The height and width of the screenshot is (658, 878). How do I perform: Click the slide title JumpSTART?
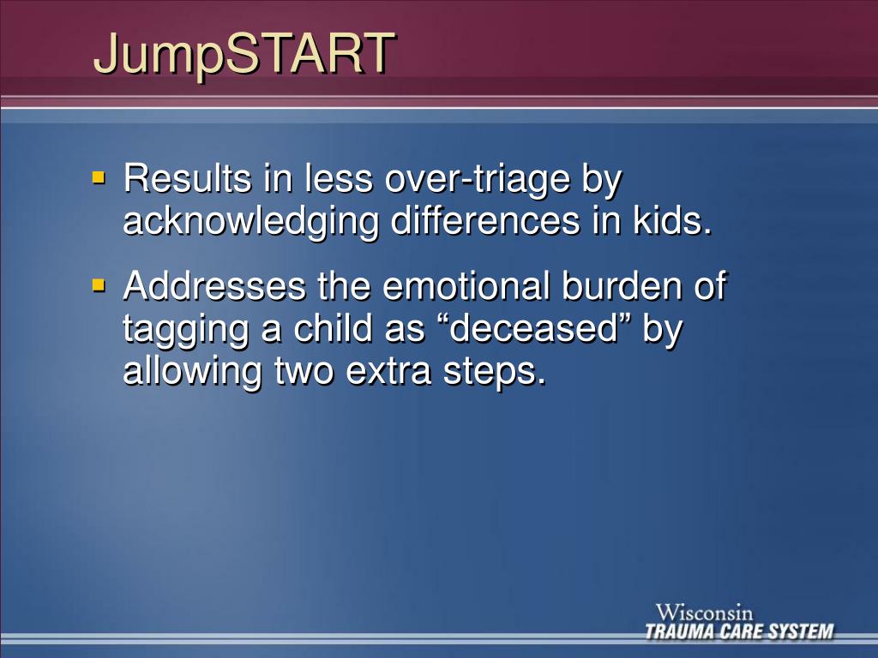click(244, 54)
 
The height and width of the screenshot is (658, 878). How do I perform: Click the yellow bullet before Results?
click(99, 177)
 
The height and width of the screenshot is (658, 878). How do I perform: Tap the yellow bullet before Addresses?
click(99, 284)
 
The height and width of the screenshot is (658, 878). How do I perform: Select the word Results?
click(188, 179)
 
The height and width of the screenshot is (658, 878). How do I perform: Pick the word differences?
click(485, 221)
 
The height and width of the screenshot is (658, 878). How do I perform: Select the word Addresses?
click(214, 286)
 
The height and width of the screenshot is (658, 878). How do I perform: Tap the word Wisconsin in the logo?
click(705, 613)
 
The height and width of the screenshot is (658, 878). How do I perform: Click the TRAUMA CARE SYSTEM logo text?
click(739, 632)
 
